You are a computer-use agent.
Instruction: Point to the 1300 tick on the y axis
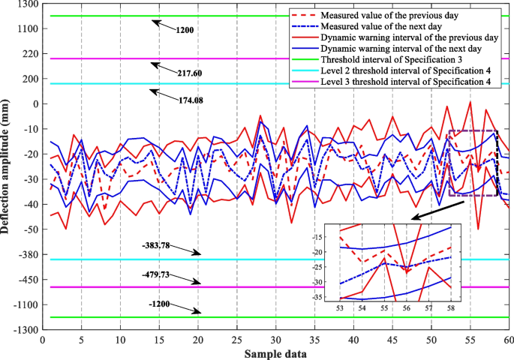click(x=27, y=4)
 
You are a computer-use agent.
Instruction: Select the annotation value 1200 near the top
click(x=185, y=31)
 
